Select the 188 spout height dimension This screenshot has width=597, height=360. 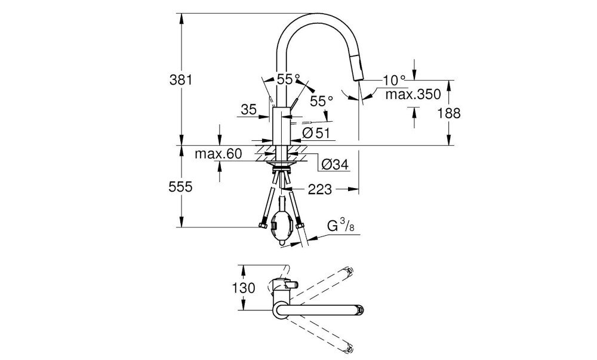(x=450, y=113)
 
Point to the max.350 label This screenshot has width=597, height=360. (x=412, y=94)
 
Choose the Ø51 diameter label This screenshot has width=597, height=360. (x=316, y=133)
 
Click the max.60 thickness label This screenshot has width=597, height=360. (x=218, y=155)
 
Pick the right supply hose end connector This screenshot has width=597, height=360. (x=300, y=226)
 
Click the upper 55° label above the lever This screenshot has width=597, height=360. (x=288, y=79)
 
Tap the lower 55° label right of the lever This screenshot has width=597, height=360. (x=321, y=101)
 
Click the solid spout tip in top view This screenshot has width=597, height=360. (x=356, y=309)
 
